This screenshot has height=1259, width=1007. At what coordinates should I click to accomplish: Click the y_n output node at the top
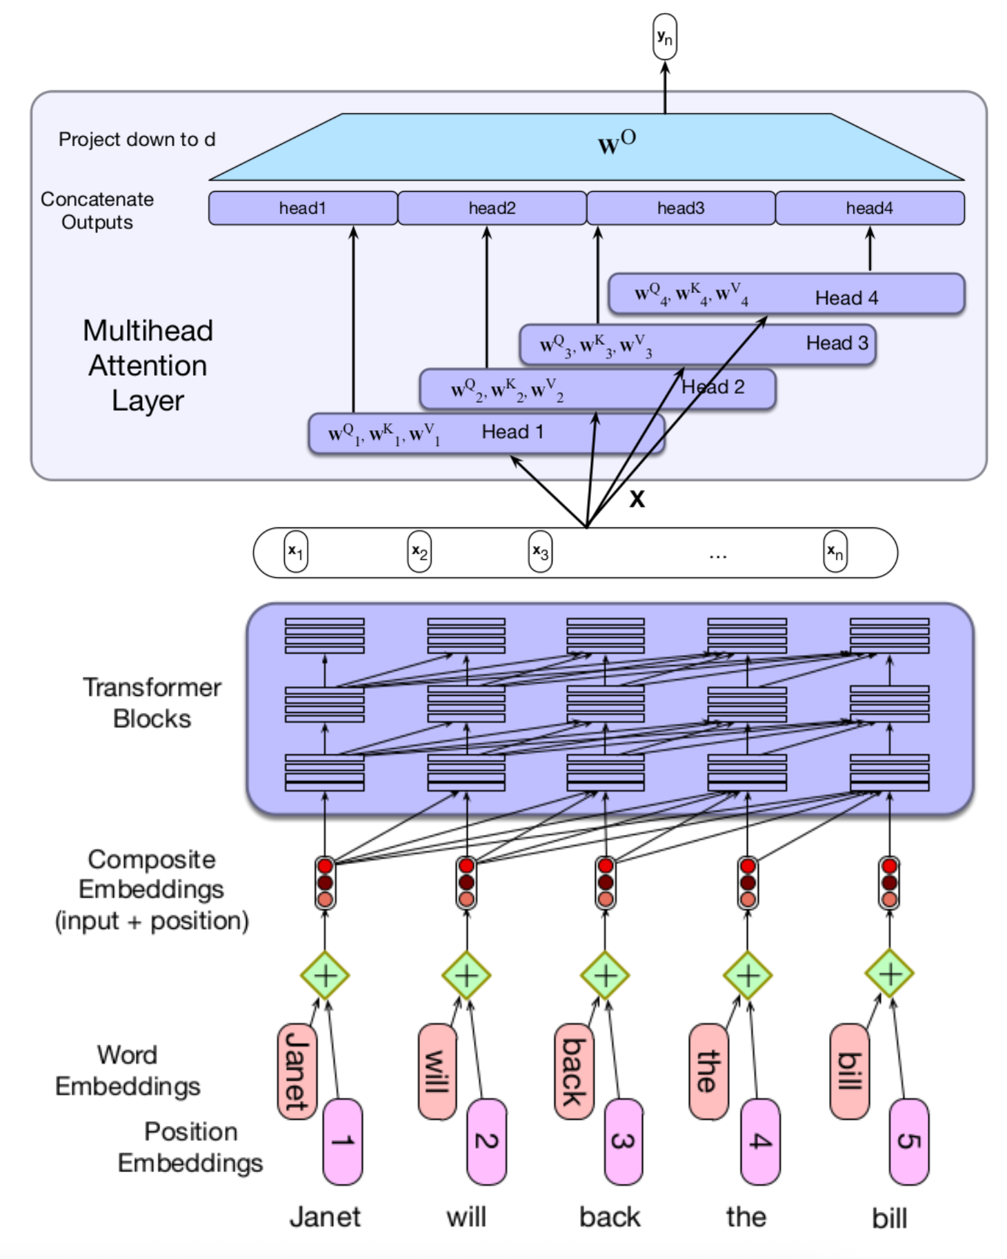(664, 37)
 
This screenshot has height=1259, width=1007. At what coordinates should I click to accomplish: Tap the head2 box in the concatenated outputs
(492, 208)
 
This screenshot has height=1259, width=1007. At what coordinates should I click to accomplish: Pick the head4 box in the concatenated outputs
(870, 208)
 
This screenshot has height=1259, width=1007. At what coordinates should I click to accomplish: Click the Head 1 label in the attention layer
(512, 432)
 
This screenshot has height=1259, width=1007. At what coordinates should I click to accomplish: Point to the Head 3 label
(837, 343)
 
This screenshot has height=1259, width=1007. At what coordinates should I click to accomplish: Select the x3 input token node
(540, 552)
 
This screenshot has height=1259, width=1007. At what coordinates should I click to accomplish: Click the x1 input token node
(296, 552)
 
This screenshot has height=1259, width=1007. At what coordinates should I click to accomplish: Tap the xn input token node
(835, 552)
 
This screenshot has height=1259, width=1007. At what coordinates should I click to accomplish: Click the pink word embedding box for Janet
(297, 1071)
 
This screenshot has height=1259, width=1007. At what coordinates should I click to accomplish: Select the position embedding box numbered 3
(624, 1141)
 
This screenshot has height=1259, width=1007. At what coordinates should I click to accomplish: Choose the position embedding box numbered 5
(908, 1141)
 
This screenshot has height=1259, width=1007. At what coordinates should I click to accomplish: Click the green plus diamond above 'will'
(466, 975)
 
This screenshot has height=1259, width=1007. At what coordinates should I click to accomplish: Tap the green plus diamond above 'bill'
(890, 974)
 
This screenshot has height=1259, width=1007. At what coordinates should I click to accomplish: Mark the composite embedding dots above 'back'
(606, 883)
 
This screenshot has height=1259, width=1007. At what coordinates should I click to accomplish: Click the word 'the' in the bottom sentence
(746, 1217)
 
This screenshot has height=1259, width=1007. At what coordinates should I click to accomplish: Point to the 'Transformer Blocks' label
(152, 703)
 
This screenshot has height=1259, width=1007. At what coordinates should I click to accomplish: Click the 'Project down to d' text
(137, 140)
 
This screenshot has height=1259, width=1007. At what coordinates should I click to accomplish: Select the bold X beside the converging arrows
(637, 499)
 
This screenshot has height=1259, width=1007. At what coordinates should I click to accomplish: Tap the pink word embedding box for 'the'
(708, 1071)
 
